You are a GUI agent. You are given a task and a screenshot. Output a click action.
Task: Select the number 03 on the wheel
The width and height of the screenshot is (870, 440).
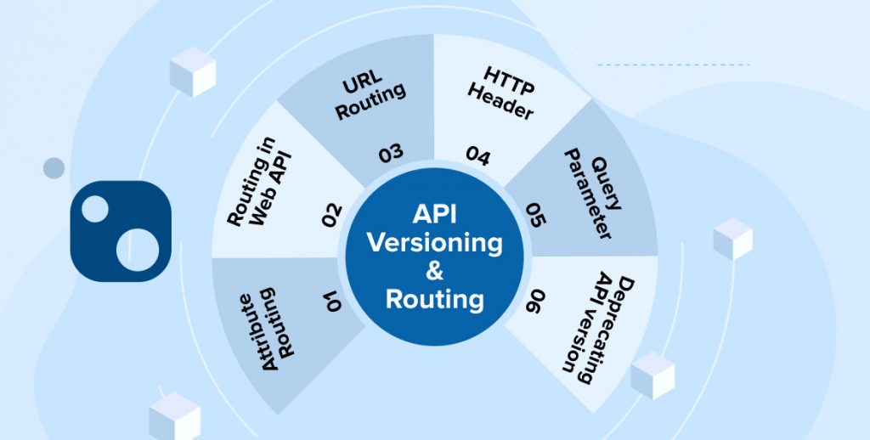tap(391, 154)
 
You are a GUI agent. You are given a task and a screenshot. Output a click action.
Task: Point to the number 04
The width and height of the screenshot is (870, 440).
tap(477, 155)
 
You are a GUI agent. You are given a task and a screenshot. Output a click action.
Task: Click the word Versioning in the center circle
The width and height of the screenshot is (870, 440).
tap(435, 242)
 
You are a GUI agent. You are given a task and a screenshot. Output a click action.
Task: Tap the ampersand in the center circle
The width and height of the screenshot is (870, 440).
tap(435, 270)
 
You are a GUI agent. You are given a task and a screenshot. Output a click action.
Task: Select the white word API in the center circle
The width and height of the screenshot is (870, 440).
tap(435, 214)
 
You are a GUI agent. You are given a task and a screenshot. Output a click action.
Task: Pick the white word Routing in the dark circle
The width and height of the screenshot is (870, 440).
tap(435, 299)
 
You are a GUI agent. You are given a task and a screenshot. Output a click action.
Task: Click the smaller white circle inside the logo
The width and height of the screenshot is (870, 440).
tap(95, 209)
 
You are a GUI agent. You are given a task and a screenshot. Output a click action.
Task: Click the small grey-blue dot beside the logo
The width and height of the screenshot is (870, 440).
tap(54, 168)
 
